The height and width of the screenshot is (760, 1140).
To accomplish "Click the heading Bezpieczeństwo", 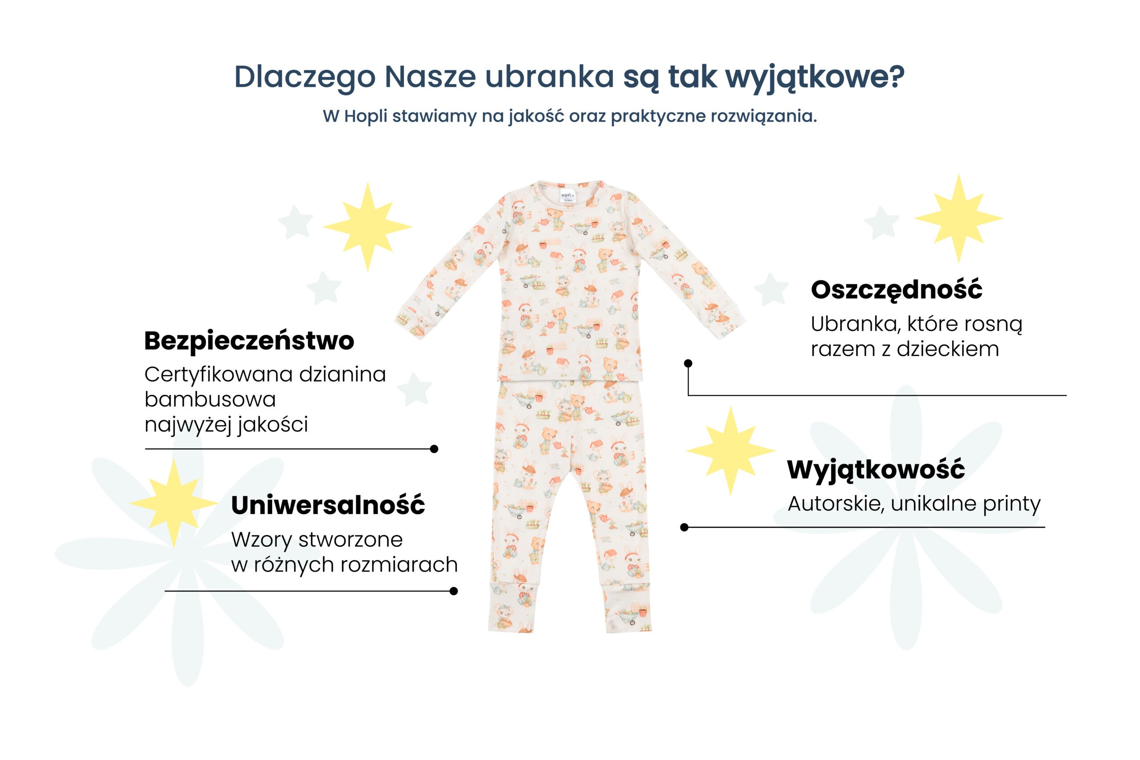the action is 249,341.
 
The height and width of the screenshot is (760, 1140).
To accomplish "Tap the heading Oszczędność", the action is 896,290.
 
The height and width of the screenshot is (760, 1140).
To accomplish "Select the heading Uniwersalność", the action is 328,505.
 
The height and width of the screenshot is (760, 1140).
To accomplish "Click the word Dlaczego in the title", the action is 305,77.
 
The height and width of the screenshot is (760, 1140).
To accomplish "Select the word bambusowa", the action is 210,399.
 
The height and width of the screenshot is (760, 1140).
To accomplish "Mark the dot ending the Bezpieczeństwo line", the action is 434,449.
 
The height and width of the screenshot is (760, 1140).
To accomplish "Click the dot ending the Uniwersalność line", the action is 454,591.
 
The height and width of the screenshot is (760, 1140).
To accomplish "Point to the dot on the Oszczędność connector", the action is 688,363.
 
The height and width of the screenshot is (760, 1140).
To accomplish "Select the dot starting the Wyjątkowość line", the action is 684,527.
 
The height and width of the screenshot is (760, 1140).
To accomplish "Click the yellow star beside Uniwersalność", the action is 174,503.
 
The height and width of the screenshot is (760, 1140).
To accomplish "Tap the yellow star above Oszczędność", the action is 958,218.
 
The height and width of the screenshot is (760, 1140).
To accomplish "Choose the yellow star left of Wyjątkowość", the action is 730,451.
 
